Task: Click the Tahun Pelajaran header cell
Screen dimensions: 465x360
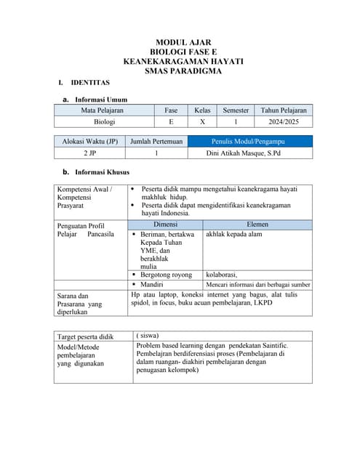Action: pyautogui.click(x=283, y=110)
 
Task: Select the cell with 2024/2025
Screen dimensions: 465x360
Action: pyautogui.click(x=283, y=122)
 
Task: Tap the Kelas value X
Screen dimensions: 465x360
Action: pyautogui.click(x=202, y=122)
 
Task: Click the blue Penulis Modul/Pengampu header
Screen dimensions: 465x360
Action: pyautogui.click(x=249, y=141)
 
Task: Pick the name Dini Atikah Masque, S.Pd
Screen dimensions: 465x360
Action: pyautogui.click(x=249, y=153)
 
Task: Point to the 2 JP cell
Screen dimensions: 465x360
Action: pyautogui.click(x=90, y=153)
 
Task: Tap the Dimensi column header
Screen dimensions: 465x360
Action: pyautogui.click(x=165, y=225)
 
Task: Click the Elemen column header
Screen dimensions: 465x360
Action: pyautogui.click(x=257, y=225)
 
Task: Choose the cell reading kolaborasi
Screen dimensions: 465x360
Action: pyautogui.click(x=223, y=275)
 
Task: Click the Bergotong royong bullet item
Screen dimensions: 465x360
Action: pyautogui.click(x=166, y=275)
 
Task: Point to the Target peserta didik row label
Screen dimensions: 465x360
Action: pyautogui.click(x=86, y=337)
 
